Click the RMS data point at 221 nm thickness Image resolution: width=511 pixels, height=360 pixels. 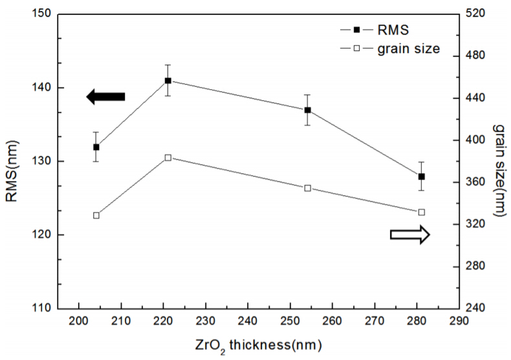168,80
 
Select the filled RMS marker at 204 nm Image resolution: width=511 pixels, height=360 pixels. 96,147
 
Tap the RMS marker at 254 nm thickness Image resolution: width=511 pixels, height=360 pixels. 308,110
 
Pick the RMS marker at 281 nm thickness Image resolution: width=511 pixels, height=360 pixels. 422,176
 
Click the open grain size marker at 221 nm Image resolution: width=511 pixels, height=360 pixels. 168,157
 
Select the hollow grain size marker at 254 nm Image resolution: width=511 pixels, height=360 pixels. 308,188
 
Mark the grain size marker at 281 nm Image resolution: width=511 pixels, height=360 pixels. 422,212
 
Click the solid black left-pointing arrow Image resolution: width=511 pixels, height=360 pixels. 105,97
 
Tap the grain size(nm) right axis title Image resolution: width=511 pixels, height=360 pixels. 500,162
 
